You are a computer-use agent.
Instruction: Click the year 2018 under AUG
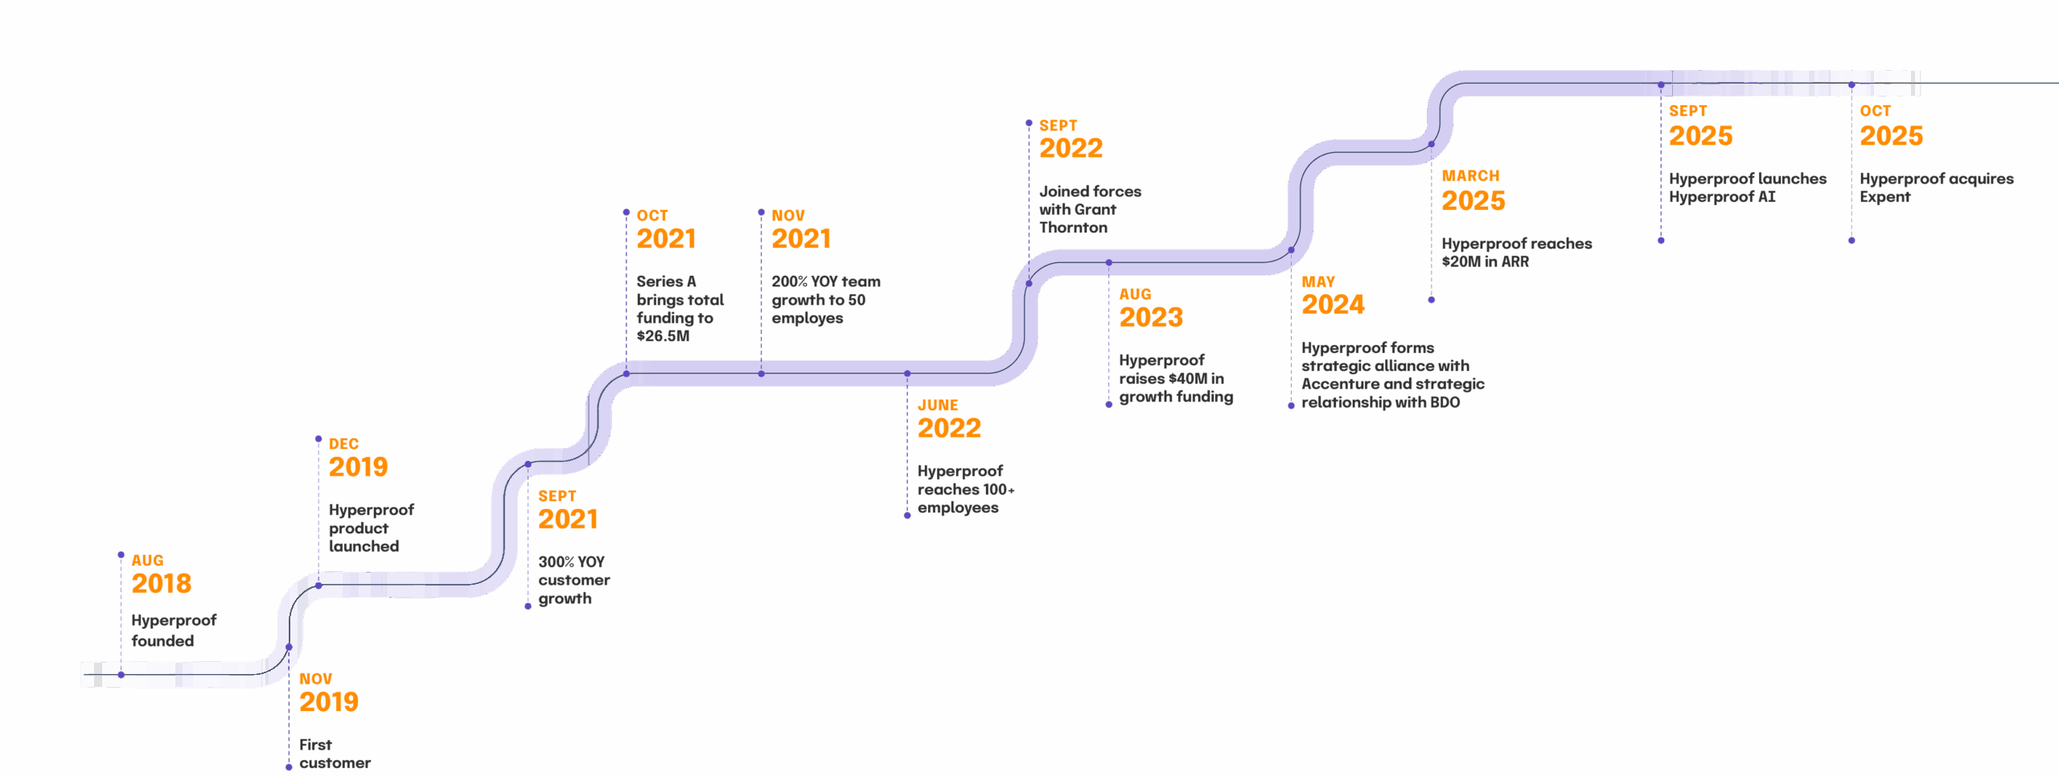pos(162,583)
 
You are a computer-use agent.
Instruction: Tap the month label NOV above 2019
pos(315,679)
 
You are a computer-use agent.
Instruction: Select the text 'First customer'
pos(335,754)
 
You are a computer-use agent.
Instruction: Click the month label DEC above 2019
pos(343,444)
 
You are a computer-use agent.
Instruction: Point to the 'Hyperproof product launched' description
pos(370,528)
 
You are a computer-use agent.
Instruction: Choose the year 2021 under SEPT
pos(568,519)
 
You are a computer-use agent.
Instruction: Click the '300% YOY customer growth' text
pos(573,580)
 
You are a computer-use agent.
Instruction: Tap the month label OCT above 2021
pos(652,216)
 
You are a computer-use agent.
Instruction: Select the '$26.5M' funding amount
pos(663,336)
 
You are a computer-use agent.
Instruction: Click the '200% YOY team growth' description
pos(825,299)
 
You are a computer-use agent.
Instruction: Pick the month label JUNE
pos(938,405)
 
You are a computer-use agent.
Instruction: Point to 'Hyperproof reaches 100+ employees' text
pos(965,489)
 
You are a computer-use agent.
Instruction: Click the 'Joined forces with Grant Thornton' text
pos(1089,209)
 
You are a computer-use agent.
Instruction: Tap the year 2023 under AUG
pos(1151,317)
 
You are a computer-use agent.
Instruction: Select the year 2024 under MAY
pos(1333,304)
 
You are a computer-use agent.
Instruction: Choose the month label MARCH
pos(1470,175)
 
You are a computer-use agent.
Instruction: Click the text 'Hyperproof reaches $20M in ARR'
pos(1516,252)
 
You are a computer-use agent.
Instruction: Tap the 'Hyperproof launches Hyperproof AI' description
pos(1747,187)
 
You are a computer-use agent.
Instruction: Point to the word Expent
pos(1884,197)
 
